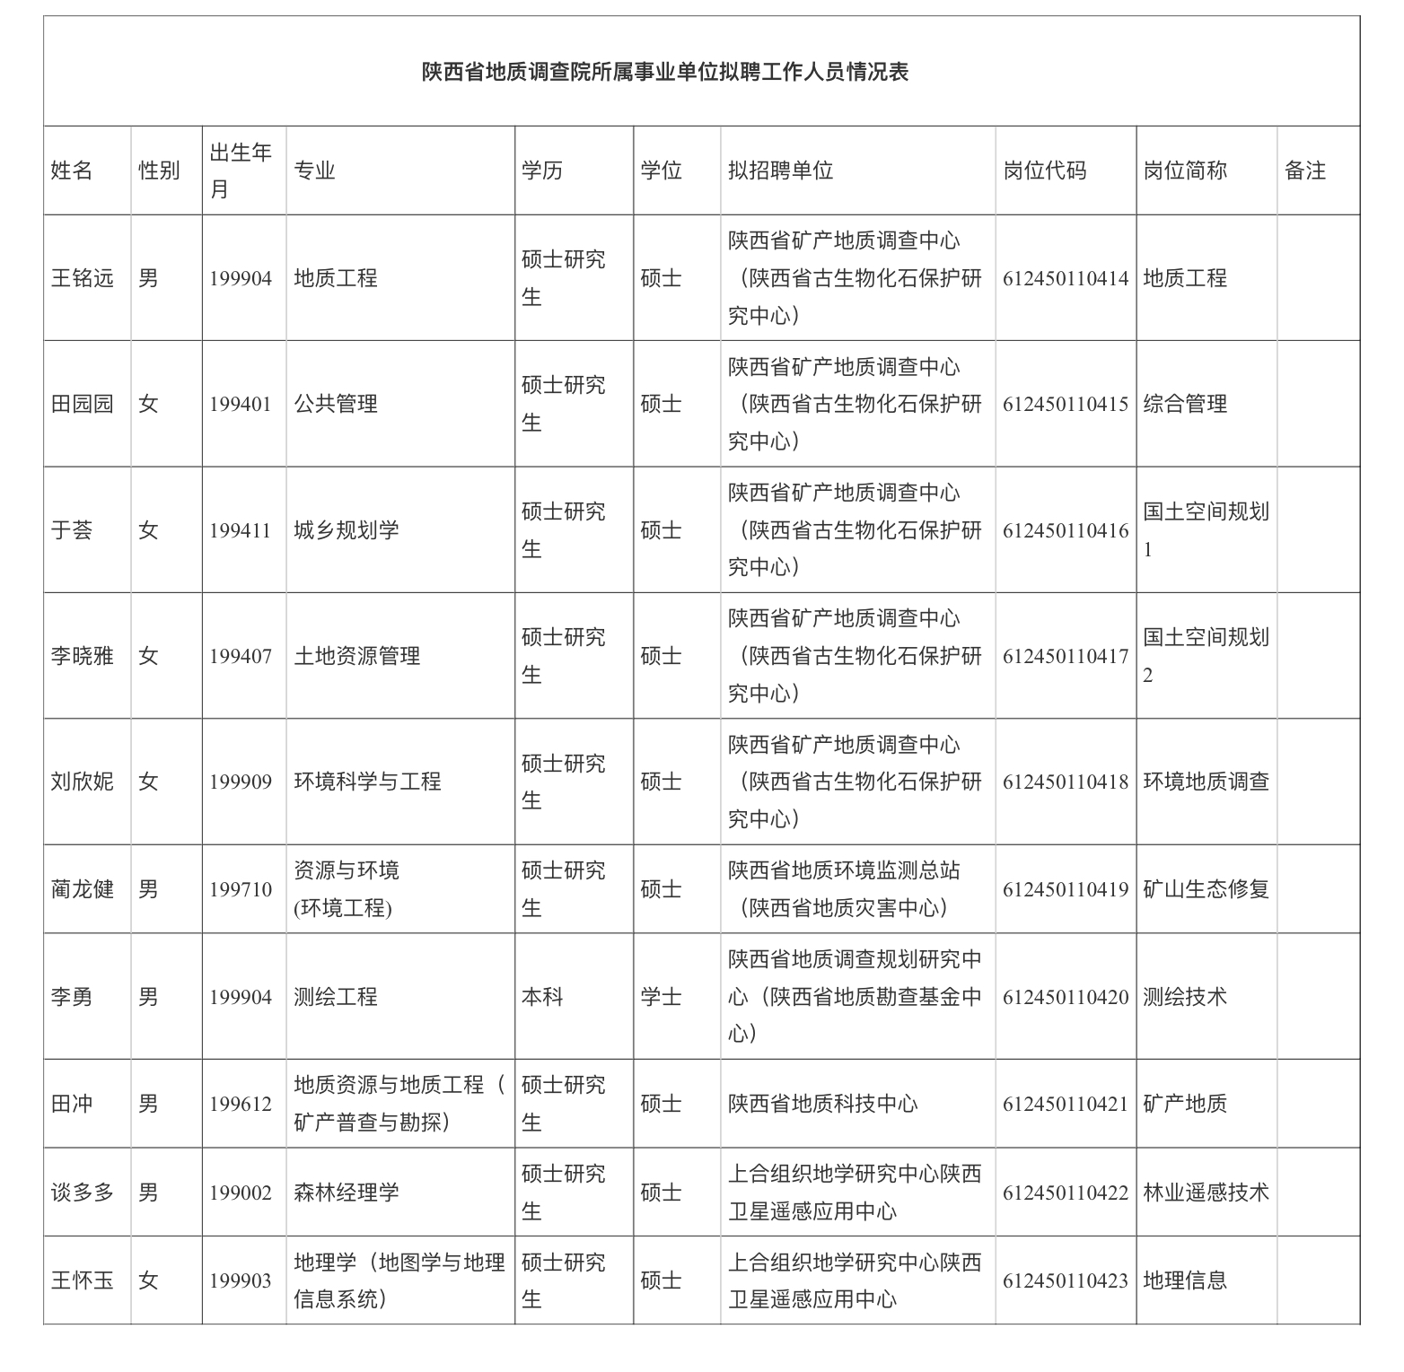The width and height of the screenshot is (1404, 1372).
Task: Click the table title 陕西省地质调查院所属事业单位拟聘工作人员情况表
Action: (665, 72)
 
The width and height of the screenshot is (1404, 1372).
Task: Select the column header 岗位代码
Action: (1044, 170)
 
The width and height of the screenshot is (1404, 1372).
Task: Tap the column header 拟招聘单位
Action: (780, 170)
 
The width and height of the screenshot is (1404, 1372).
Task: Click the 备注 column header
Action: (1304, 170)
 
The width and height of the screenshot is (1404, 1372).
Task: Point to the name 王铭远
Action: (83, 278)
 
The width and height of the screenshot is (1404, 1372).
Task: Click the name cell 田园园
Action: (83, 404)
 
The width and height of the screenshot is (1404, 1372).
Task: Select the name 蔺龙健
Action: (83, 889)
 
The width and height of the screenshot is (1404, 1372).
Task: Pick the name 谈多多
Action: (83, 1193)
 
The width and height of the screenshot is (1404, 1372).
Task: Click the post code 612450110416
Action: (1066, 530)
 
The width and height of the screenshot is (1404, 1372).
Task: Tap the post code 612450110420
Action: (1066, 997)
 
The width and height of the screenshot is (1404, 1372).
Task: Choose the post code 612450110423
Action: (1066, 1280)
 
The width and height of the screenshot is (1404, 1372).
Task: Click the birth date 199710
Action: (241, 889)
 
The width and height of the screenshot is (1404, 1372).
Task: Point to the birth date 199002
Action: (241, 1193)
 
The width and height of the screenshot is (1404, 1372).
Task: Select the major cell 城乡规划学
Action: (347, 530)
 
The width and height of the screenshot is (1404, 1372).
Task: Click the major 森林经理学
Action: (347, 1193)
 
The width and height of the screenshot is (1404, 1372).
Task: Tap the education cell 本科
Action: (542, 997)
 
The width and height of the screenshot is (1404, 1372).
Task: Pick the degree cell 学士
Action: (661, 997)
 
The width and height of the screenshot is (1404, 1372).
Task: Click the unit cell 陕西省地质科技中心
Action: (822, 1104)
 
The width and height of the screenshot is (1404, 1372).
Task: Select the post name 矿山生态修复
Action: (1206, 889)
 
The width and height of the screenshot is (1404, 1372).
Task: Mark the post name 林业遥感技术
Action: (1206, 1193)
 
